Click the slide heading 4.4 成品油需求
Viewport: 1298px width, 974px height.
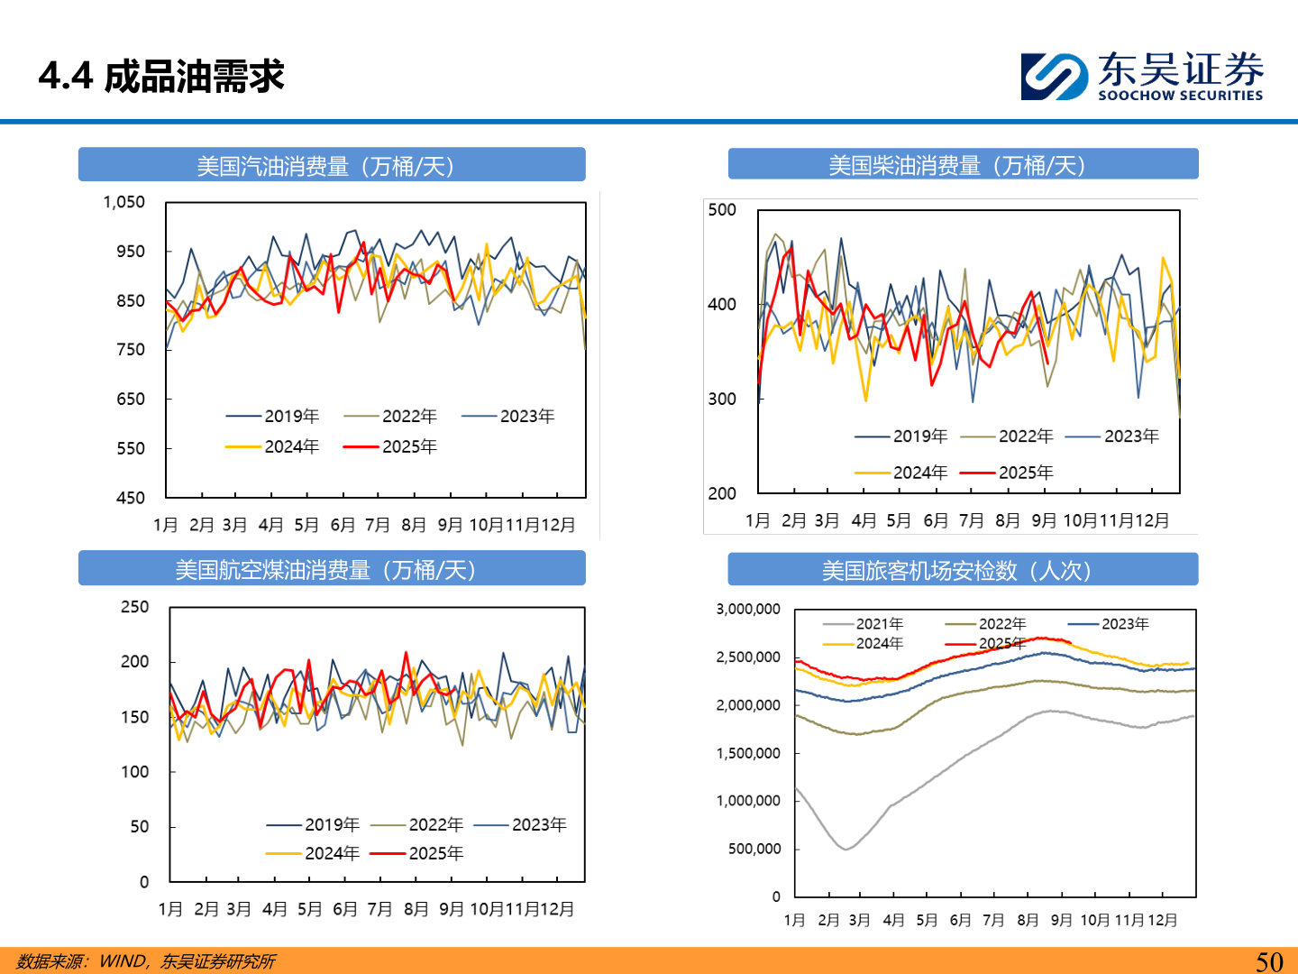[x=161, y=77]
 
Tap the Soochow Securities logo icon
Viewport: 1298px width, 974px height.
[x=1054, y=77]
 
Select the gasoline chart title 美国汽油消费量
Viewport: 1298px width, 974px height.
[x=325, y=166]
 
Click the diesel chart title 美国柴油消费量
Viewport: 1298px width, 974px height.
[x=956, y=165]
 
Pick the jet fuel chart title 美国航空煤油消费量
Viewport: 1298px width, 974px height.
[x=325, y=570]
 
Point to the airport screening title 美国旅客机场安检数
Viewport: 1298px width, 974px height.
[x=956, y=571]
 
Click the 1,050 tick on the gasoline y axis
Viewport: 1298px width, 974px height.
[x=124, y=202]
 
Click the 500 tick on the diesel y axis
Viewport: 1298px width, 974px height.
[x=721, y=210]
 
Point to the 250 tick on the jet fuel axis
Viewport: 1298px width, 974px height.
[x=134, y=607]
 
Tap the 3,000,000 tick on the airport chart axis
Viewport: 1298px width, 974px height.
[x=747, y=609]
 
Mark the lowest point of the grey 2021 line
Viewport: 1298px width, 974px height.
[x=846, y=849]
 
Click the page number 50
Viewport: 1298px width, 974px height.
[x=1269, y=961]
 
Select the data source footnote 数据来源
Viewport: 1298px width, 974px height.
[x=145, y=961]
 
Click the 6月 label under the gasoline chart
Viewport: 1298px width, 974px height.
[x=343, y=525]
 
